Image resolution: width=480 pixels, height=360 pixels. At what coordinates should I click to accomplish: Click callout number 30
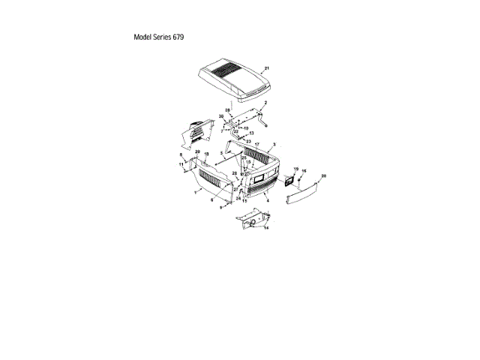click(221, 116)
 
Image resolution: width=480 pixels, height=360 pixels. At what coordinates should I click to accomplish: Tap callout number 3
click(274, 143)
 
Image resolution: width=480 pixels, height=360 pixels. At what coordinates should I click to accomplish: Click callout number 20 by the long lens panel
click(323, 175)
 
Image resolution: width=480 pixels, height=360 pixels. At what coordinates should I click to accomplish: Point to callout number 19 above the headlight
click(295, 169)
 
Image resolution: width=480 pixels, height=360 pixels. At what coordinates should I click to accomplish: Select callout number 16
click(304, 171)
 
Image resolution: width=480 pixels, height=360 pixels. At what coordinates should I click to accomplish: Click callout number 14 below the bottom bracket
click(265, 228)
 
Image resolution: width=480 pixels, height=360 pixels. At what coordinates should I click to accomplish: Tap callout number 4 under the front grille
click(268, 200)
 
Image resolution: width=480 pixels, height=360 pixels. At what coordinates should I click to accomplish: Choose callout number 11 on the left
click(181, 163)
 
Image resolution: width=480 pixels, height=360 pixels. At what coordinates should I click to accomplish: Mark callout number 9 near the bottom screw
click(220, 207)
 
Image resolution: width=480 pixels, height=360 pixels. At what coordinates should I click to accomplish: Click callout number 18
click(206, 154)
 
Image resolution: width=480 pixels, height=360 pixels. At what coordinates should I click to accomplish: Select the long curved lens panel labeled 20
click(307, 193)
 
